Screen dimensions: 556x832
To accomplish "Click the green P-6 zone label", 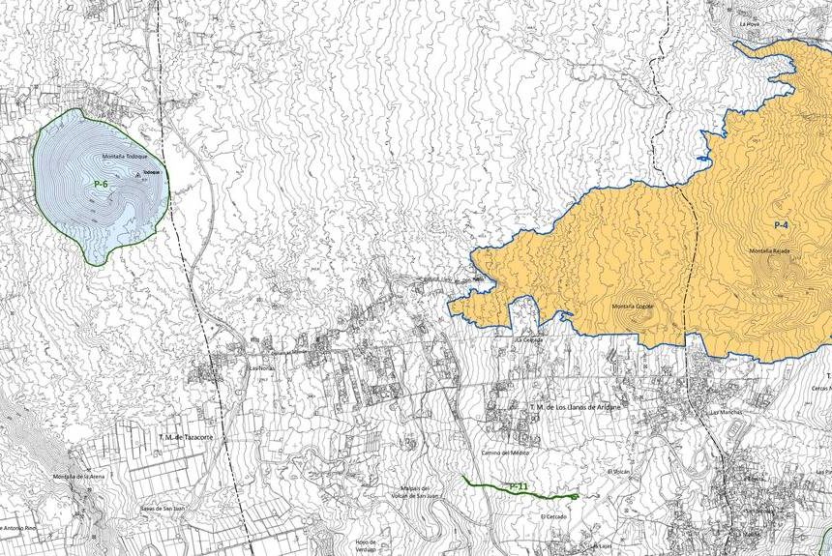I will (101, 184).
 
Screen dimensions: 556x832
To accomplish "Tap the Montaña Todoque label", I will (124, 157).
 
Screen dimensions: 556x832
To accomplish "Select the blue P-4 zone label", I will (782, 224).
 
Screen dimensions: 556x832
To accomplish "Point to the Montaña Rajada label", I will (770, 251).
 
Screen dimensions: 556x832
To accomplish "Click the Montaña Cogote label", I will (632, 307).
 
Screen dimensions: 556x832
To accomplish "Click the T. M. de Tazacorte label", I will (184, 437).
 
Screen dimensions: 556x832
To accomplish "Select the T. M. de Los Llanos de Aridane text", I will (574, 407).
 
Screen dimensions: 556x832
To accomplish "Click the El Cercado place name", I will (555, 516).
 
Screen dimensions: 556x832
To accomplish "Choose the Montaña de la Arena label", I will (78, 477).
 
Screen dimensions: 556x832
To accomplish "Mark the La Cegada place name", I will (529, 340).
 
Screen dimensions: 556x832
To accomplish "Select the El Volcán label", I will (616, 471).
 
